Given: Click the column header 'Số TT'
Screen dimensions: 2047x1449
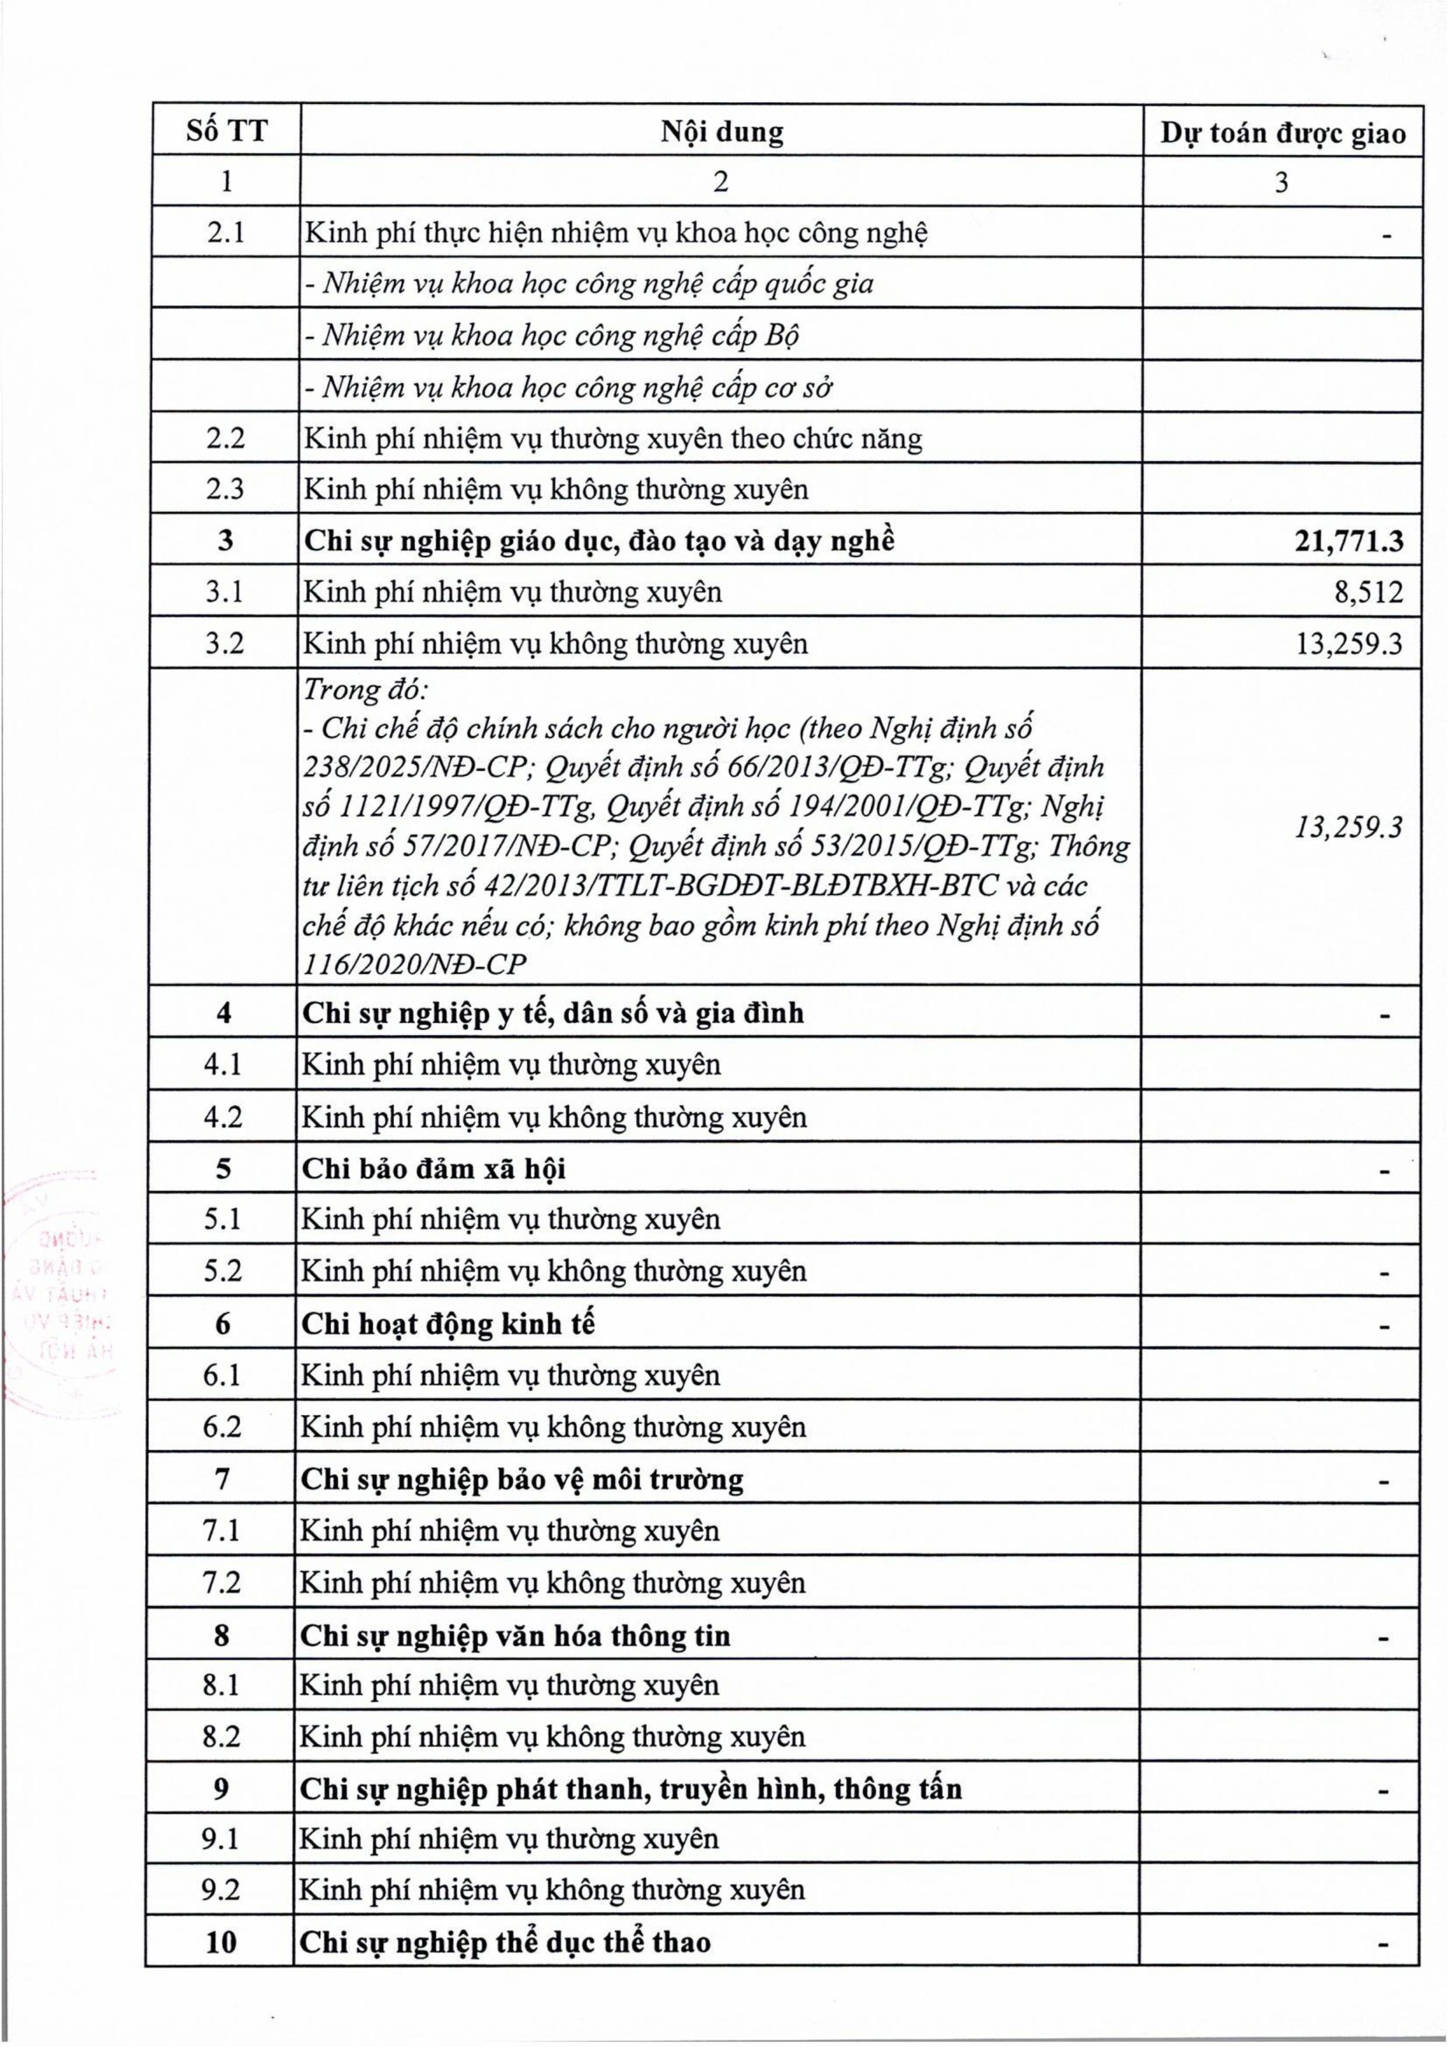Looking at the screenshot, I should [227, 131].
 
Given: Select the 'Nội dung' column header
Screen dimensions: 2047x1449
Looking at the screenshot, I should [722, 132].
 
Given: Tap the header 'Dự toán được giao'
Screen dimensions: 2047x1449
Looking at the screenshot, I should [1282, 133].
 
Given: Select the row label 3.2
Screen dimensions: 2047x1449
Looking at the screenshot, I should [225, 643].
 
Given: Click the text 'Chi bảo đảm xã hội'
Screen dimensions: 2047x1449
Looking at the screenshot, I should [433, 1169].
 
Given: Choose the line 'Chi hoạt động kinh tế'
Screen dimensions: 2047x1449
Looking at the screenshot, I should [448, 1324].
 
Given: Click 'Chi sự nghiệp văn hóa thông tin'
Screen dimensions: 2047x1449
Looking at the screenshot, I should [515, 1636].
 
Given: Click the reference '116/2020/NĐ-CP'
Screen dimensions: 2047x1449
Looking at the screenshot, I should [415, 964].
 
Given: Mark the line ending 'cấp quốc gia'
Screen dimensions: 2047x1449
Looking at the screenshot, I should [589, 285].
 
